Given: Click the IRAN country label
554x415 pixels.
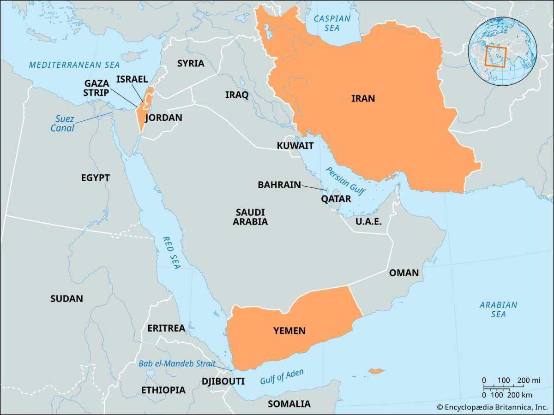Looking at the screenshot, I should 363,98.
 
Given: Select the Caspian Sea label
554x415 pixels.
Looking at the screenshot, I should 332,23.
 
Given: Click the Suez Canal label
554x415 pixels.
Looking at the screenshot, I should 62,124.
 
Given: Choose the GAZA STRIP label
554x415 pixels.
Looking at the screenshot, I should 96,88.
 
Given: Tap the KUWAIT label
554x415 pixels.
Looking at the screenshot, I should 295,146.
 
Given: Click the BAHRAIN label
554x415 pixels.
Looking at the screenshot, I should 279,185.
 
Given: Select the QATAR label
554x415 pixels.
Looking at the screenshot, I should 336,199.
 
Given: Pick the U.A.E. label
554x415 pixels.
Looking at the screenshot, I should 368,221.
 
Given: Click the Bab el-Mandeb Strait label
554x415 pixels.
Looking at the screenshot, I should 177,363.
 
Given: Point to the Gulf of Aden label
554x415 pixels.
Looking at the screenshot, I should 282,377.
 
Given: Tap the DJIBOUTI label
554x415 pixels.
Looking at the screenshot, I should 223,381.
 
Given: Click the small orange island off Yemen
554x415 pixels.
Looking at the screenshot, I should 376,371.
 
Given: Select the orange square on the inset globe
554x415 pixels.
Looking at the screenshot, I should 496,57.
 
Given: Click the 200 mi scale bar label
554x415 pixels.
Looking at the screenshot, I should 529,380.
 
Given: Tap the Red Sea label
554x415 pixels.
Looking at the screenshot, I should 171,253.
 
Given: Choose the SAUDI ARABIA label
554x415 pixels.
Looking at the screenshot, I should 250,217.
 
